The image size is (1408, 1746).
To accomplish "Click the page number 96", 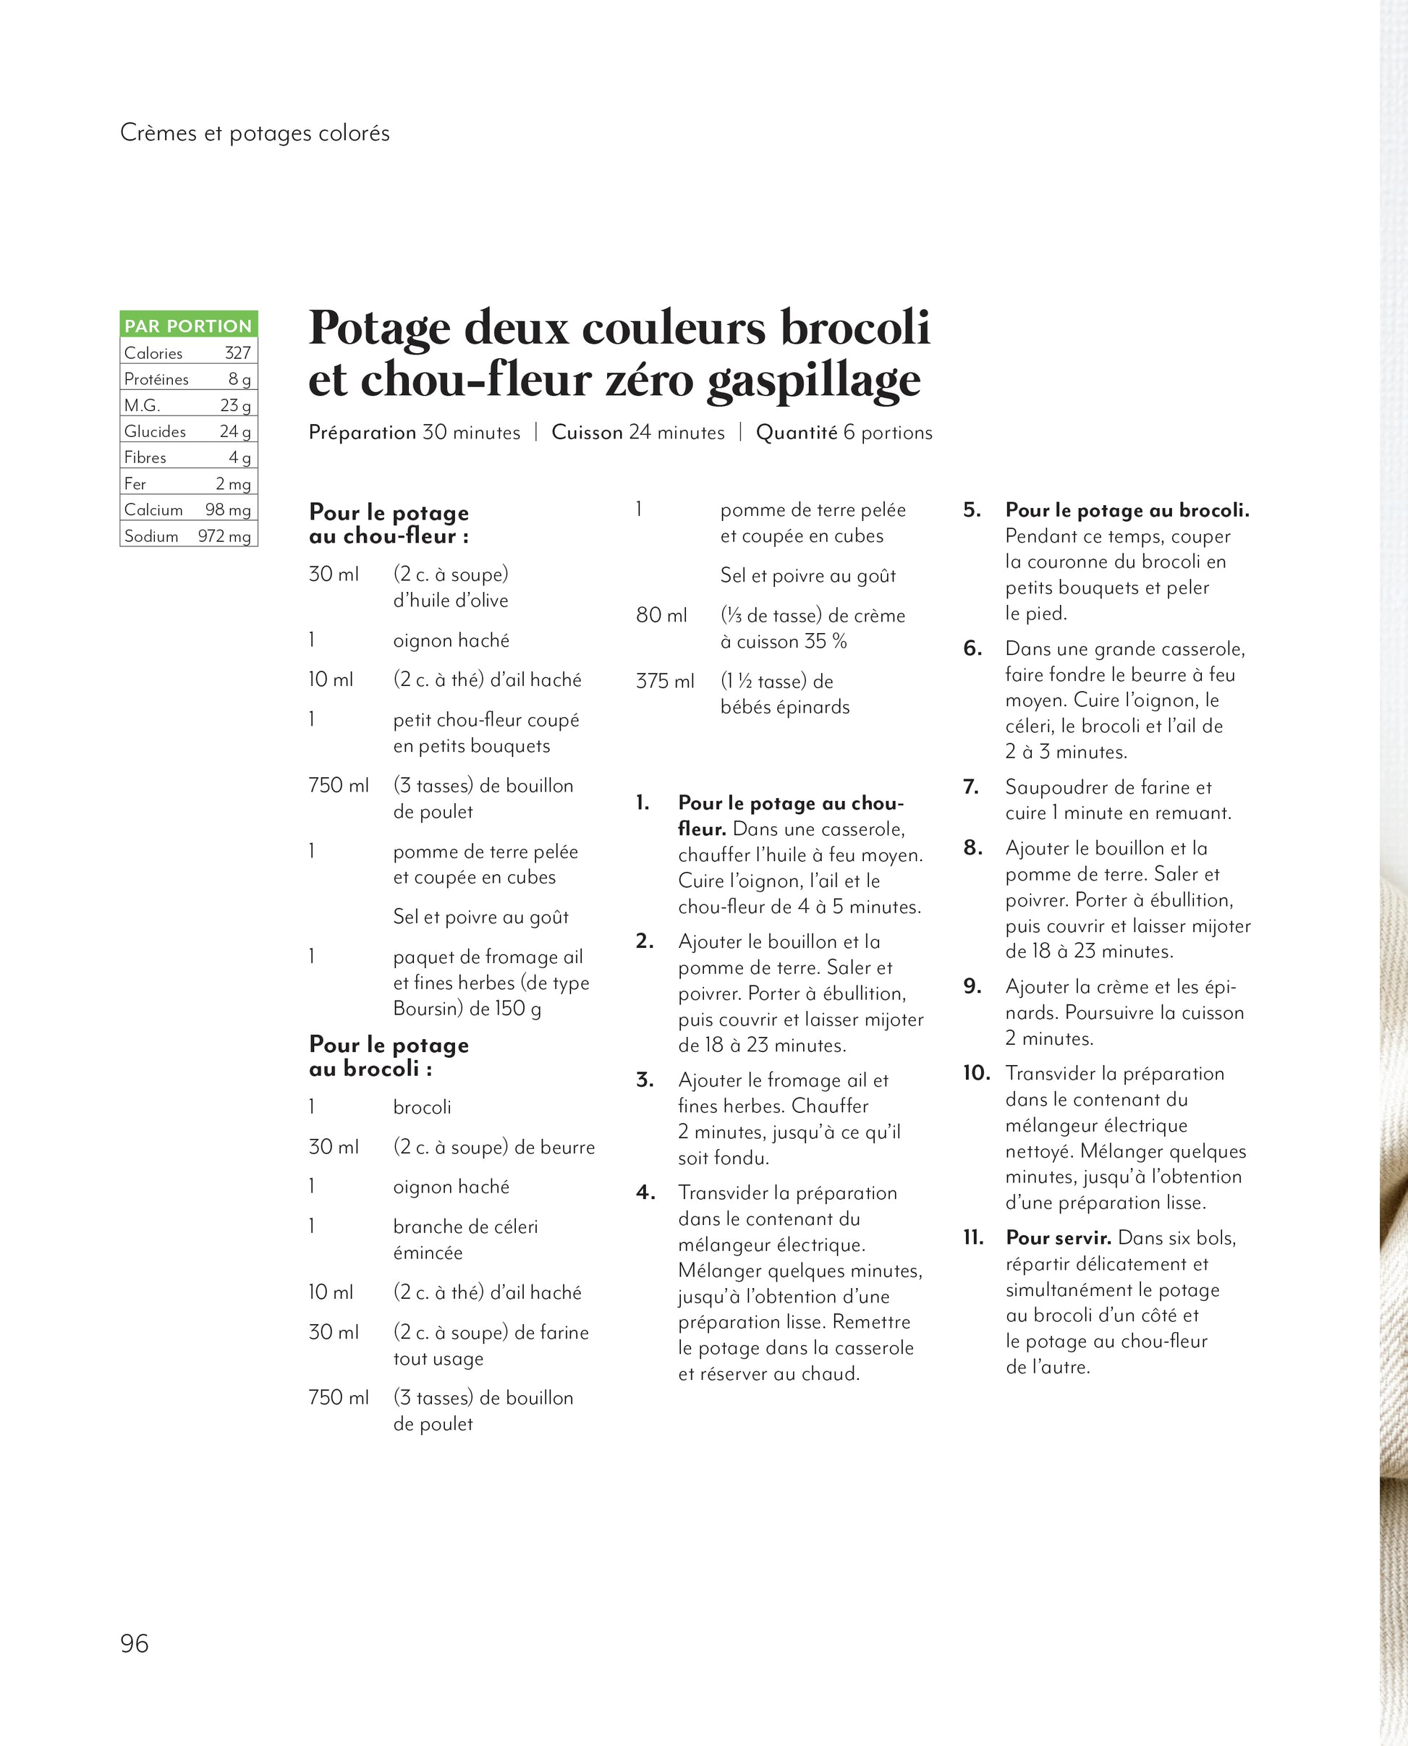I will click(x=135, y=1643).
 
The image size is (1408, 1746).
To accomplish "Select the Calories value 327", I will click(x=237, y=353).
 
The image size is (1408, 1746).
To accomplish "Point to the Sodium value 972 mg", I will click(x=224, y=536).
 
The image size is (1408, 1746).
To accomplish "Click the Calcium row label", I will click(x=153, y=509).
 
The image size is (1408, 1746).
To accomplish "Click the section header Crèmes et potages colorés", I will click(x=255, y=133).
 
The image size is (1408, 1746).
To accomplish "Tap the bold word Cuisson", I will click(x=588, y=432).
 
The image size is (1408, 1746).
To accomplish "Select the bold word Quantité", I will click(x=797, y=432).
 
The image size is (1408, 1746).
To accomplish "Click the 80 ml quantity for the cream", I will click(x=661, y=616).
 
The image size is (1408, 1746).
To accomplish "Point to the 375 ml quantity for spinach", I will click(x=665, y=681).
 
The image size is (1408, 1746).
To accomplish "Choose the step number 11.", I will click(x=973, y=1237).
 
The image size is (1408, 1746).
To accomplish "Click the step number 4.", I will click(x=645, y=1193).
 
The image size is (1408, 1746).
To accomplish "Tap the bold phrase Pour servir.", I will click(x=1059, y=1237).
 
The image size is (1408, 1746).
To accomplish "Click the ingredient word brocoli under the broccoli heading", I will click(x=422, y=1107).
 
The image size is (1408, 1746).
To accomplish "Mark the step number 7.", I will click(x=972, y=787).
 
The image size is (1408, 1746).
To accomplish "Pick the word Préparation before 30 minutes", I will click(x=362, y=432).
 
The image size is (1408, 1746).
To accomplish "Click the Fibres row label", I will click(x=145, y=457).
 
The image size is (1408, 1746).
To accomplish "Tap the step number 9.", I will click(x=972, y=986).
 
